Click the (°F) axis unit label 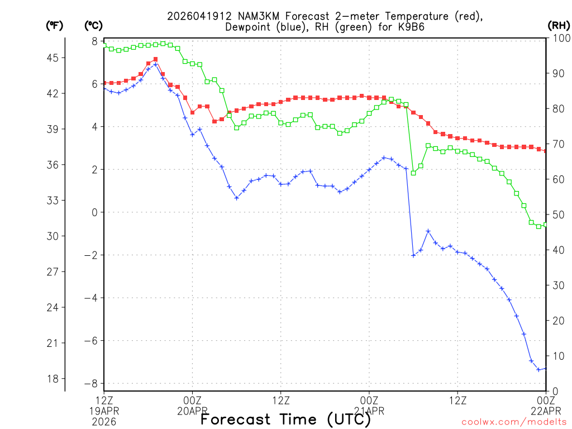[x=55, y=25]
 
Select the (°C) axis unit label [x=93, y=25]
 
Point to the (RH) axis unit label [x=558, y=25]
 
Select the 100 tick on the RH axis [x=559, y=38]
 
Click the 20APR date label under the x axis [x=193, y=411]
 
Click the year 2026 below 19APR [x=104, y=422]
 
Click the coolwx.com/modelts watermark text [x=513, y=422]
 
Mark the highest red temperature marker [x=155, y=59]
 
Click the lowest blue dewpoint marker [x=538, y=369]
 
